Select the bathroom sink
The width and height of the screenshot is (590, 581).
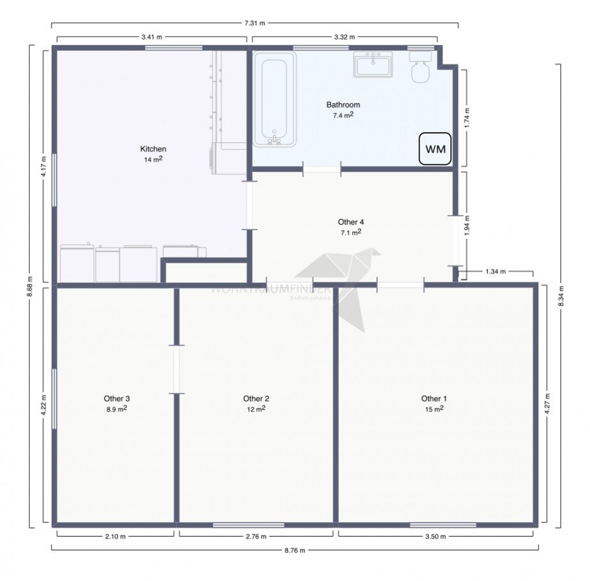click(373, 65)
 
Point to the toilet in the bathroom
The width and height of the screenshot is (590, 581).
click(421, 67)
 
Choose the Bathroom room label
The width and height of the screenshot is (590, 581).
click(343, 105)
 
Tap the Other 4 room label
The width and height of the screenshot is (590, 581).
click(351, 222)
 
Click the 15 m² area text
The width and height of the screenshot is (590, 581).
click(434, 408)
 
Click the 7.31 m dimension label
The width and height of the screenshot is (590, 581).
click(255, 23)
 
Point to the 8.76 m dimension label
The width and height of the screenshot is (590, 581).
click(295, 550)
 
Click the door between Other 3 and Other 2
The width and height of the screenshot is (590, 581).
click(176, 369)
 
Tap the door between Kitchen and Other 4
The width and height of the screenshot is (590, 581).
click(249, 205)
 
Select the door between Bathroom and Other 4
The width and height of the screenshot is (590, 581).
click(321, 169)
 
